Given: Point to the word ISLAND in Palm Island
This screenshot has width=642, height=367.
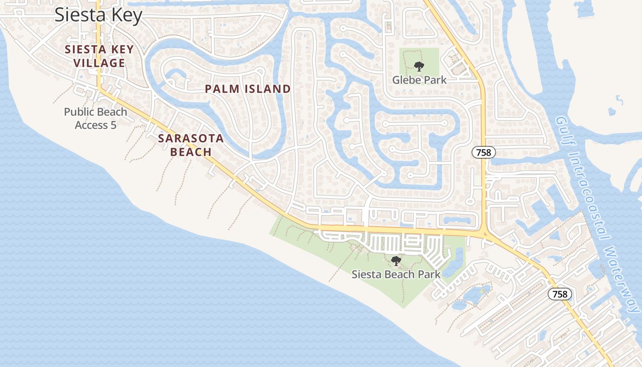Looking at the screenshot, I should coord(268,89).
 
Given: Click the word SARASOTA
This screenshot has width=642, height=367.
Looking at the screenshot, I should coord(191,139).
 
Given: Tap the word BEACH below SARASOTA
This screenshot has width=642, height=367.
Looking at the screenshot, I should coord(191,152).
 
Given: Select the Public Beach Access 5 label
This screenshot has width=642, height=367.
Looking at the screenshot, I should coord(95,118).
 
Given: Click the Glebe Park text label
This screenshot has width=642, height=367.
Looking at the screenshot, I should coord(419,80).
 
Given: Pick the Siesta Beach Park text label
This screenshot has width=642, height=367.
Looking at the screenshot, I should coord(396,274).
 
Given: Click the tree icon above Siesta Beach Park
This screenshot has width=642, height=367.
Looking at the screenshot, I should coord(396,261).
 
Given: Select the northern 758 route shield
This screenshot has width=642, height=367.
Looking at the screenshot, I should coord(484,153).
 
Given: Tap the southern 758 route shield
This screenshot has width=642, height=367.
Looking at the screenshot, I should coord(560,294).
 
